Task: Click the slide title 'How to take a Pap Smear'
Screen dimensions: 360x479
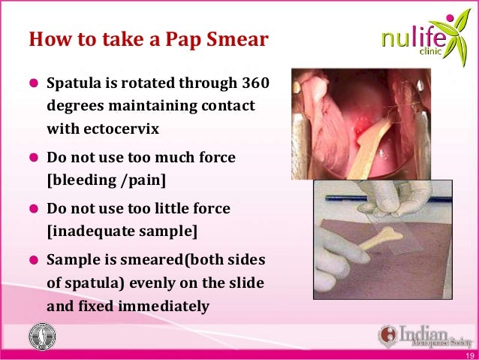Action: click(x=148, y=40)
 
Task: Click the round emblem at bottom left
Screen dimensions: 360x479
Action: click(x=42, y=336)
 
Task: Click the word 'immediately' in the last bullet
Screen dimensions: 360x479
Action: click(x=167, y=306)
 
